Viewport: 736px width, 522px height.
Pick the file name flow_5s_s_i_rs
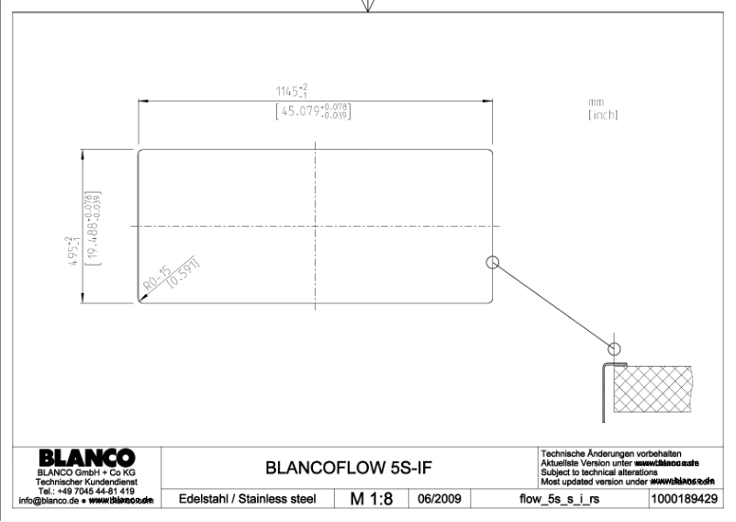click(x=556, y=499)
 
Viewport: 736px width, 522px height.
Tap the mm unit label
click(x=597, y=102)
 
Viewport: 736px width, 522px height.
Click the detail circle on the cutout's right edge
click(x=492, y=262)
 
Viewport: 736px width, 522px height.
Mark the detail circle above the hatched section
click(x=614, y=348)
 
